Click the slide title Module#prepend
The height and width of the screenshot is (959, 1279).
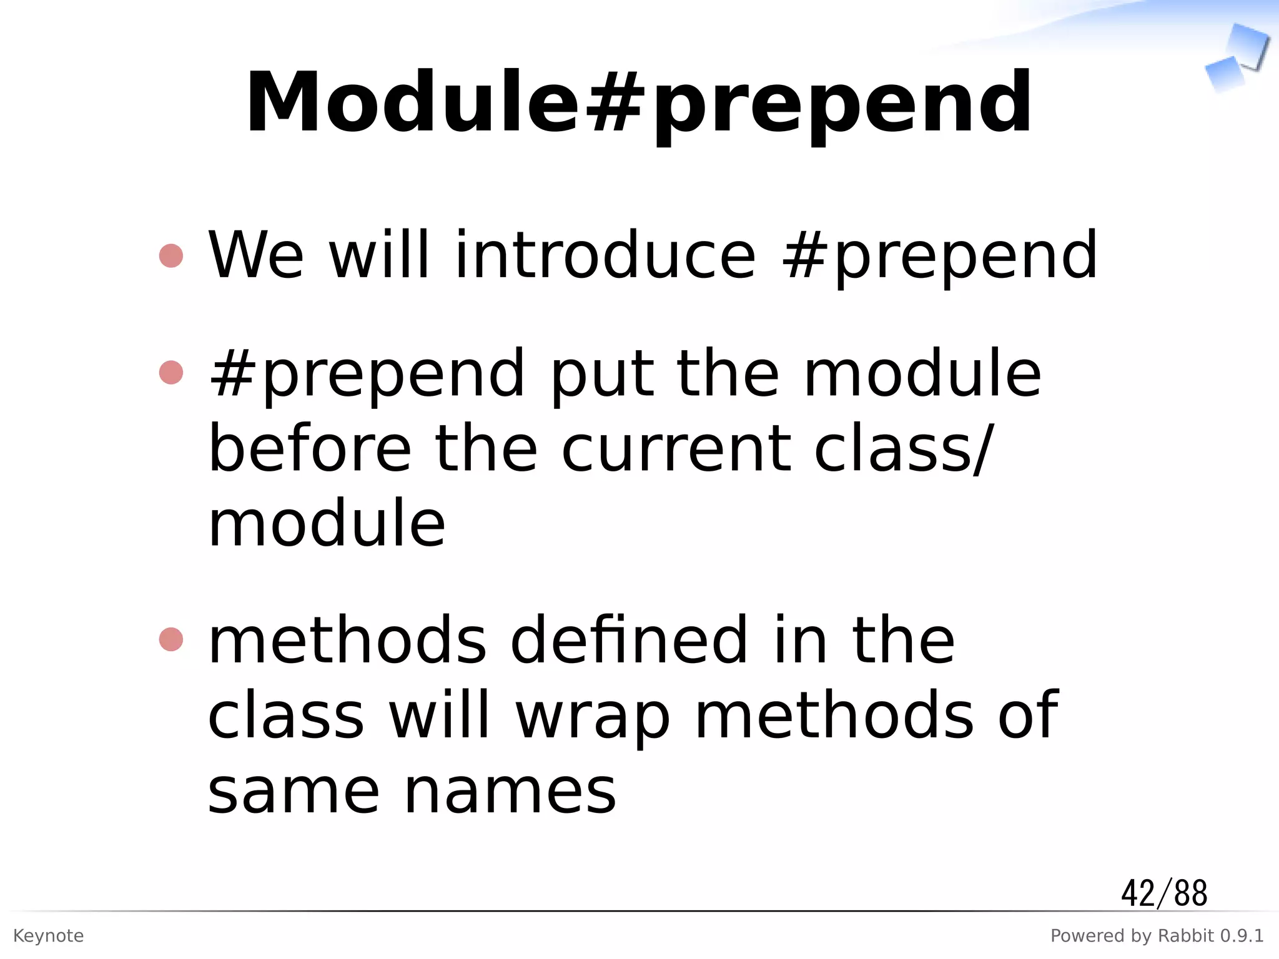638,103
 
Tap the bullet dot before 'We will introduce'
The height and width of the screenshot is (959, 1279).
171,255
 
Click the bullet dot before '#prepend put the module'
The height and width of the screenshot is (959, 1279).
171,373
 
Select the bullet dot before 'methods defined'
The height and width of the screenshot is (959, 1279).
171,639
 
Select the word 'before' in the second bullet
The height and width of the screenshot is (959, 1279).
310,448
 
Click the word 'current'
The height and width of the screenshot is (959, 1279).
676,448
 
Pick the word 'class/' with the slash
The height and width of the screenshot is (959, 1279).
903,448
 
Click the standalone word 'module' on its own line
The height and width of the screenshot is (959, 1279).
326,523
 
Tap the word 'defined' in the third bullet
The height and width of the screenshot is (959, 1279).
628,640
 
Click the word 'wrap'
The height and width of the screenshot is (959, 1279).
592,716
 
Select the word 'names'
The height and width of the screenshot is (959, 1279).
510,792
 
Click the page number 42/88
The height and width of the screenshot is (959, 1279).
1164,893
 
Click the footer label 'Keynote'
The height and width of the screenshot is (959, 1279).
48,936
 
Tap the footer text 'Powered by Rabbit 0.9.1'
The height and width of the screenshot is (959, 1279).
1157,936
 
